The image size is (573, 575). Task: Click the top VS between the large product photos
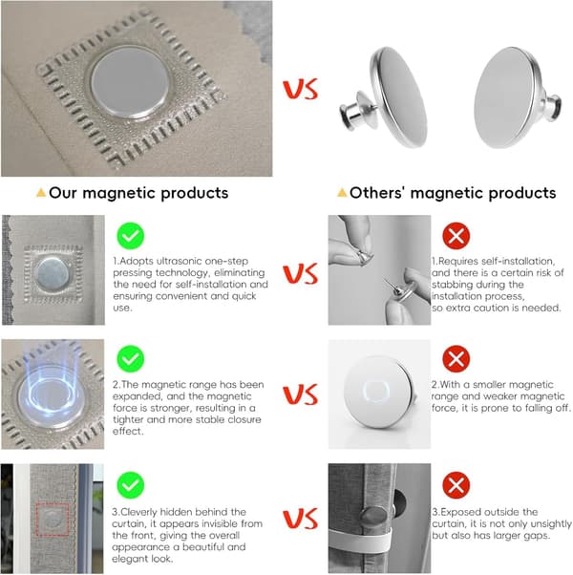tap(300, 89)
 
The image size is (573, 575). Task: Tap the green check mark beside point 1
tap(131, 236)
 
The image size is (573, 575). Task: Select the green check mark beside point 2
tap(131, 358)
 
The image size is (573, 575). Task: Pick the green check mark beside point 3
tap(131, 485)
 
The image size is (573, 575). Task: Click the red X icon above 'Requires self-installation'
tap(456, 236)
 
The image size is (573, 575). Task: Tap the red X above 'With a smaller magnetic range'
tap(456, 358)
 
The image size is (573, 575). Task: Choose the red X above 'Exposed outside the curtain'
tap(456, 485)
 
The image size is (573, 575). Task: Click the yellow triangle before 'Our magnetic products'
tap(41, 192)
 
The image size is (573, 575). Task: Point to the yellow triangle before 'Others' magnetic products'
tap(342, 192)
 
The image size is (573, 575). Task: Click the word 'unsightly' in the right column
tap(551, 523)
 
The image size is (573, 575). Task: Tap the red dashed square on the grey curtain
tap(53, 520)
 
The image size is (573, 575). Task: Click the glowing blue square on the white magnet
tap(375, 391)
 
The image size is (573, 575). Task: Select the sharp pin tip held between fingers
tap(385, 280)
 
